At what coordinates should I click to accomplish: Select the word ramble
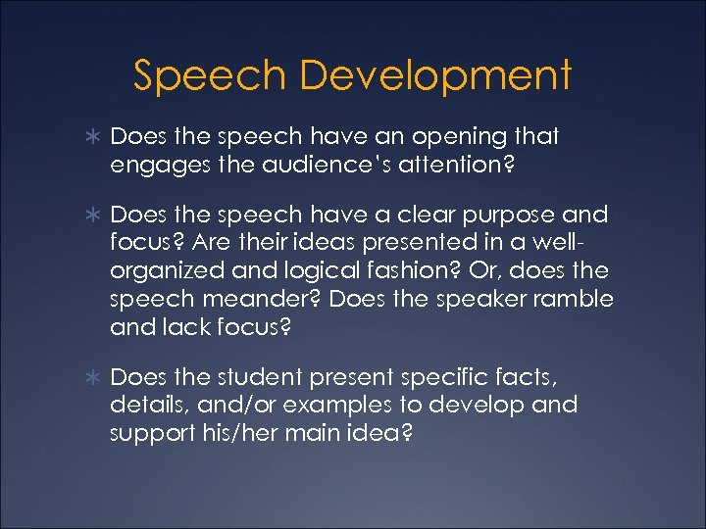click(x=573, y=298)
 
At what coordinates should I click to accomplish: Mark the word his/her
click(x=236, y=432)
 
